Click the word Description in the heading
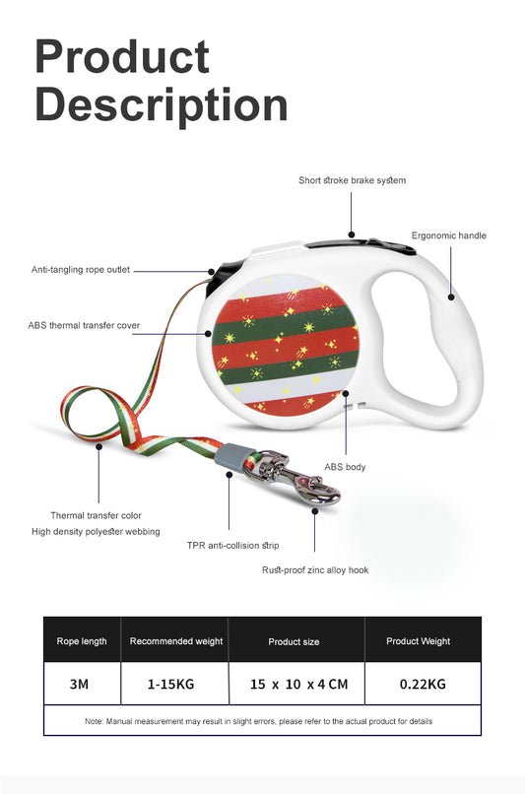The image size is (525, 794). pyautogui.click(x=161, y=104)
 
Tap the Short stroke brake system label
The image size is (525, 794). pyautogui.click(x=352, y=180)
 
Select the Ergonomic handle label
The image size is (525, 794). pyautogui.click(x=448, y=235)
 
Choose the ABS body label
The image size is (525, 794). pyautogui.click(x=345, y=466)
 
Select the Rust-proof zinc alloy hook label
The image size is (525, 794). pyautogui.click(x=315, y=569)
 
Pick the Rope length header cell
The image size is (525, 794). pyautogui.click(x=82, y=641)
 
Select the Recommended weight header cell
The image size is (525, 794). pyautogui.click(x=176, y=641)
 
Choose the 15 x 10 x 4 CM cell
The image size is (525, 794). pyautogui.click(x=298, y=684)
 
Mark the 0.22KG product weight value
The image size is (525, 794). pyautogui.click(x=424, y=684)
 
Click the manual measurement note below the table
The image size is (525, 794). pyautogui.click(x=259, y=721)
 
